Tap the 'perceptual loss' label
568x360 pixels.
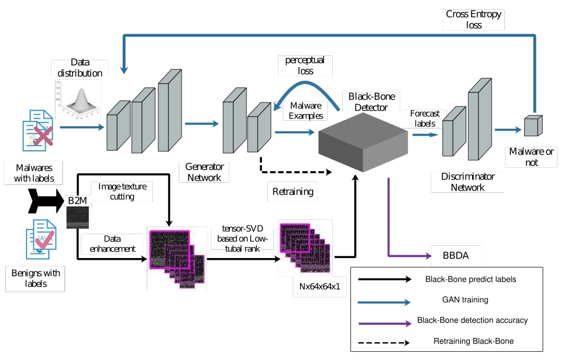(305, 65)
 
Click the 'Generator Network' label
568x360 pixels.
(204, 172)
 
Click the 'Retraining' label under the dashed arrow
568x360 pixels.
(293, 192)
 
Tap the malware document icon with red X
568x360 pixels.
(38, 130)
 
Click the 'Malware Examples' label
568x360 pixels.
(304, 111)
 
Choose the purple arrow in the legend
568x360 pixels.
(384, 321)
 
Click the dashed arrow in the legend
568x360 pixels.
(384, 342)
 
